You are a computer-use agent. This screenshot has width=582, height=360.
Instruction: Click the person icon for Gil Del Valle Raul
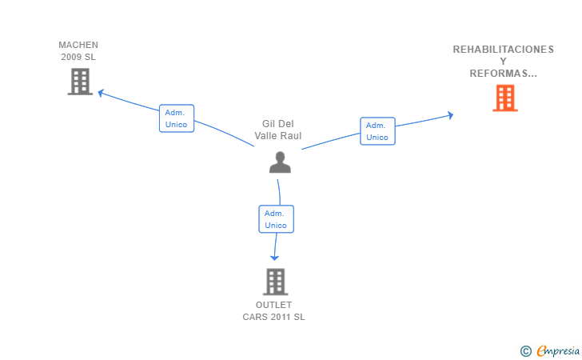coord(280,162)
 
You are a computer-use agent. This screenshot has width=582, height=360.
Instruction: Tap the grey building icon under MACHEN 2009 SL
coord(80,82)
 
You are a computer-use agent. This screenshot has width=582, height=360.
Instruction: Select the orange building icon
coord(504,98)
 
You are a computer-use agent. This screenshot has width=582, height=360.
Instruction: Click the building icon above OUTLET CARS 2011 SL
coord(275,282)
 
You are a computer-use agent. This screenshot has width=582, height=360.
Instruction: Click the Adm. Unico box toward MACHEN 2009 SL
coord(177,118)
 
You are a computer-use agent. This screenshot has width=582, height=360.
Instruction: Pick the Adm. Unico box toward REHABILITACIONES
coord(377,131)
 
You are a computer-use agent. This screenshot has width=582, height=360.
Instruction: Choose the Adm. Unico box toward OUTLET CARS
coord(276,219)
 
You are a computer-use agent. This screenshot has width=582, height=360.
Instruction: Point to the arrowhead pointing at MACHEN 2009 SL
coord(101,93)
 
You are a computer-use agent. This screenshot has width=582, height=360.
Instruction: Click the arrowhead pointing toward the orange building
coord(450,115)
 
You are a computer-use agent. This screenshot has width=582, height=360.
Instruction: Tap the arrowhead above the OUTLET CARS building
coord(274,258)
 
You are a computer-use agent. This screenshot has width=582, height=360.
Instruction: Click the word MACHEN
coord(78,45)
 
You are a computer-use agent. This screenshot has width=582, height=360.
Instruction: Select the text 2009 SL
coord(78,57)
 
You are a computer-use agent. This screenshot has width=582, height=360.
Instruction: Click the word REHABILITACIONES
coord(504,50)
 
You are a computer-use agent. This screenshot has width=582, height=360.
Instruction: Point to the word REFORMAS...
coord(499,74)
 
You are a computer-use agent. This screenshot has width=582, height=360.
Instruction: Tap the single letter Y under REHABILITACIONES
coord(503,62)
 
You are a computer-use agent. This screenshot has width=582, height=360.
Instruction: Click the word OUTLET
coord(274,305)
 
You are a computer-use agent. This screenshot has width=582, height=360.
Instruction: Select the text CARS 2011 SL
coord(274,317)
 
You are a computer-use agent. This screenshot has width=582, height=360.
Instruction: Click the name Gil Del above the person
coord(278,124)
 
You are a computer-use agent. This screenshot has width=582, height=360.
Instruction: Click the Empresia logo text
coord(558,350)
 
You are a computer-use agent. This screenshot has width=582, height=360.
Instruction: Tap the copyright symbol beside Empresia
coord(526,351)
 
